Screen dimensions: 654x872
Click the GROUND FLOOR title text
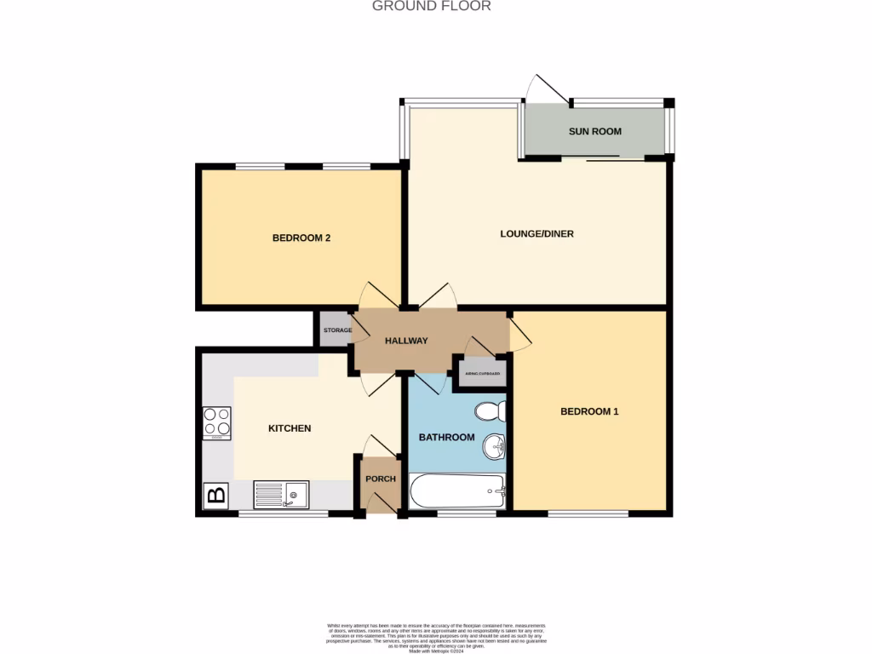432,6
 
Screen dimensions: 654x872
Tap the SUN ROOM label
595,131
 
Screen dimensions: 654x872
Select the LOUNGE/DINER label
536,233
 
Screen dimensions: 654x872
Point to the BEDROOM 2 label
301,238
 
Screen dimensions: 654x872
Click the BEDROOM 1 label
589,411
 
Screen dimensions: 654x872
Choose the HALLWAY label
406,341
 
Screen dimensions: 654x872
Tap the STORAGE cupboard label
337,330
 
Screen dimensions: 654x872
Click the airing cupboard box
483,374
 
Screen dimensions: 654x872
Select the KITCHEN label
290,428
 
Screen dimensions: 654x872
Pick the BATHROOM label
446,437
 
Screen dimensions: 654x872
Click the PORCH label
381,479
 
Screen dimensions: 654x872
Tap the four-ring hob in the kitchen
217,422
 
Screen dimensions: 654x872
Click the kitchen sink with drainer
281,494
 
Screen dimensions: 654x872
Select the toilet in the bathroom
491,412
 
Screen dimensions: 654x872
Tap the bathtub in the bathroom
458,491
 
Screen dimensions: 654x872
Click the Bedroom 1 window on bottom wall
588,513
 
